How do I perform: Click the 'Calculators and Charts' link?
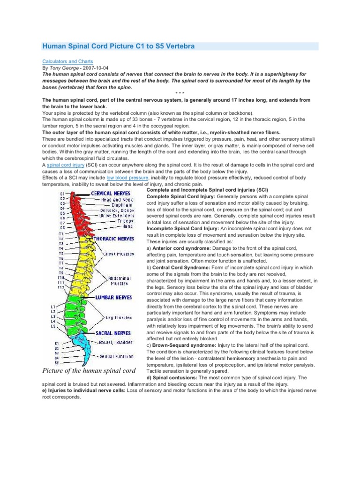click(67, 61)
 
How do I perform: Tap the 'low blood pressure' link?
click(126, 178)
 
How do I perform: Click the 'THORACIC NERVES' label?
click(114, 238)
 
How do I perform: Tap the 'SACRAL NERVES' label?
click(113, 333)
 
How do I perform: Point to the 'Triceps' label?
click(125, 221)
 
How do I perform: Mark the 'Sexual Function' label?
click(117, 356)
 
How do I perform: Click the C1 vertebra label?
click(62, 194)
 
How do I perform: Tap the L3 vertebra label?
click(53, 316)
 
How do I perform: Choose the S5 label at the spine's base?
click(57, 362)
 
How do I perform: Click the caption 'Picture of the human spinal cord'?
click(88, 371)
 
